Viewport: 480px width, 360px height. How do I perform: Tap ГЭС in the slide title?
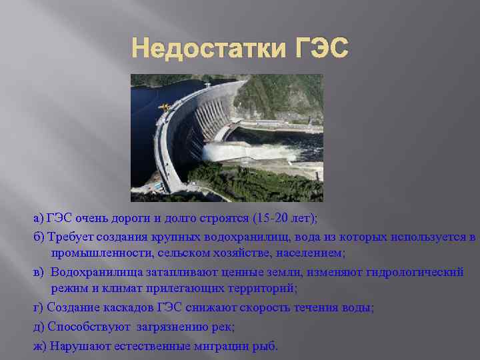point(321,49)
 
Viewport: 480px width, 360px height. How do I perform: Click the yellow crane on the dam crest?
point(163,106)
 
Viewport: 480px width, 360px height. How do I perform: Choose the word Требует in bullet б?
point(71,237)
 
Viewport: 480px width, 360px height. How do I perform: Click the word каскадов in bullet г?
point(131,307)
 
